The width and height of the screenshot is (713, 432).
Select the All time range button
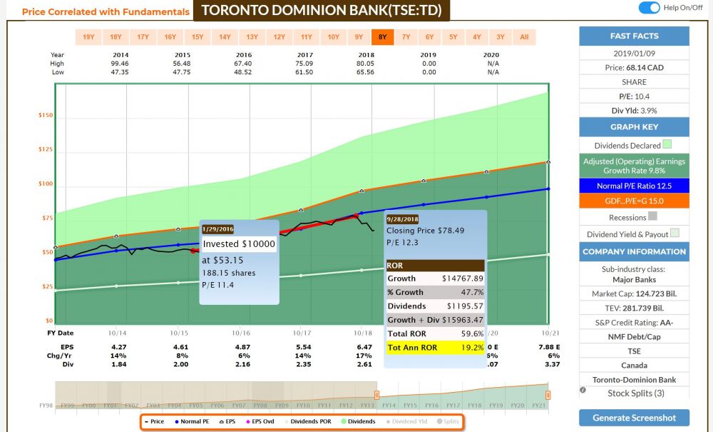coord(524,37)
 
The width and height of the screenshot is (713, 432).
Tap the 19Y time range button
coord(88,37)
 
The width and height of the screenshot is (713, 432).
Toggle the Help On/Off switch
coord(649,8)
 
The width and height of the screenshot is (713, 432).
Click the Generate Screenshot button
coord(634,418)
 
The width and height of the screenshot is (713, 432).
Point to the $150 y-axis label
coord(46,115)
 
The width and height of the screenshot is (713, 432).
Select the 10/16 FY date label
coord(241,333)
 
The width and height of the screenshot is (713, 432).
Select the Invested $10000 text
coord(239,243)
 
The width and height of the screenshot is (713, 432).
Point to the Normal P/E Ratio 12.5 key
coord(634,186)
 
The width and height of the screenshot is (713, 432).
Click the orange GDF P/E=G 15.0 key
coord(634,201)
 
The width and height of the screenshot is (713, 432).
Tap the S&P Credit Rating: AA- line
coord(634,323)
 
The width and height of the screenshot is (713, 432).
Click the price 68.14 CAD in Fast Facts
coord(634,68)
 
